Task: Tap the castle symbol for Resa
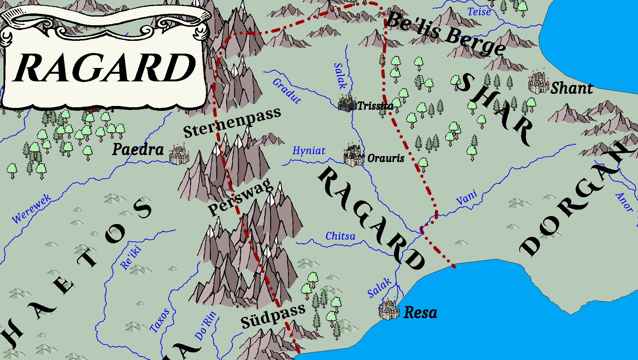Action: (389, 310)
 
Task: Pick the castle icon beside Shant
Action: (538, 83)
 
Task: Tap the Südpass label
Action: (273, 317)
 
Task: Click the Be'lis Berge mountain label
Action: (445, 34)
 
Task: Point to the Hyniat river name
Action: (309, 150)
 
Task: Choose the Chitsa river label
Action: (340, 236)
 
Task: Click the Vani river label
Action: (467, 198)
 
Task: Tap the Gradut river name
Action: (286, 91)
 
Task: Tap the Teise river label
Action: (479, 12)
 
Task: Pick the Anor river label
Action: (624, 202)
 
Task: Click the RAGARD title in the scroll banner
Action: (104, 68)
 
